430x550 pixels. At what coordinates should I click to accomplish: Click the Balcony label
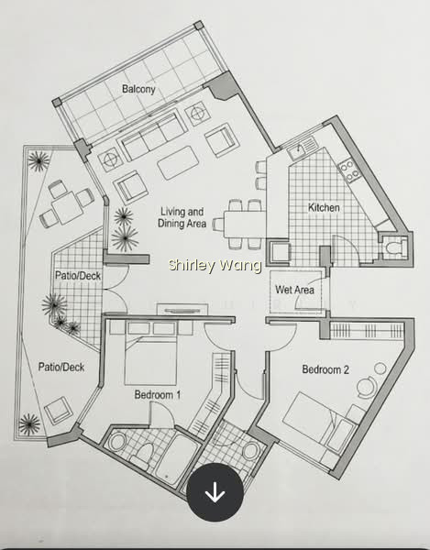[138, 89]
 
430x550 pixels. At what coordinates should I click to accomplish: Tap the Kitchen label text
[324, 208]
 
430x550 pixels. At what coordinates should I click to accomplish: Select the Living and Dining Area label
[182, 217]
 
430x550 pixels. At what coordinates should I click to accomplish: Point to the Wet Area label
[294, 290]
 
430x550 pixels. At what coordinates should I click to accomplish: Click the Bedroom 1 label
[158, 395]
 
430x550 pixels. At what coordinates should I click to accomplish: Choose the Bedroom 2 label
[325, 369]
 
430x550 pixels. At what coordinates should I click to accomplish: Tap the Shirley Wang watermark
[215, 265]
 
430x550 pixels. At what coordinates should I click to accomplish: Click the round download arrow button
[215, 491]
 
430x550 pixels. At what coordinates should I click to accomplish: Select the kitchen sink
[302, 149]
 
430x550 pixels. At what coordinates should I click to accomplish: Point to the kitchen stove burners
[349, 170]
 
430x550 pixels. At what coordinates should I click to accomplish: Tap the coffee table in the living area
[179, 163]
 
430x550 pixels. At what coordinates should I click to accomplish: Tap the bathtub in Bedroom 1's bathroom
[177, 459]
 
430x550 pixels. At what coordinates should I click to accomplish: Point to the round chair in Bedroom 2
[367, 387]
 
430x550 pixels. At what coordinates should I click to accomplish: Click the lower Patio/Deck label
[61, 368]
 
